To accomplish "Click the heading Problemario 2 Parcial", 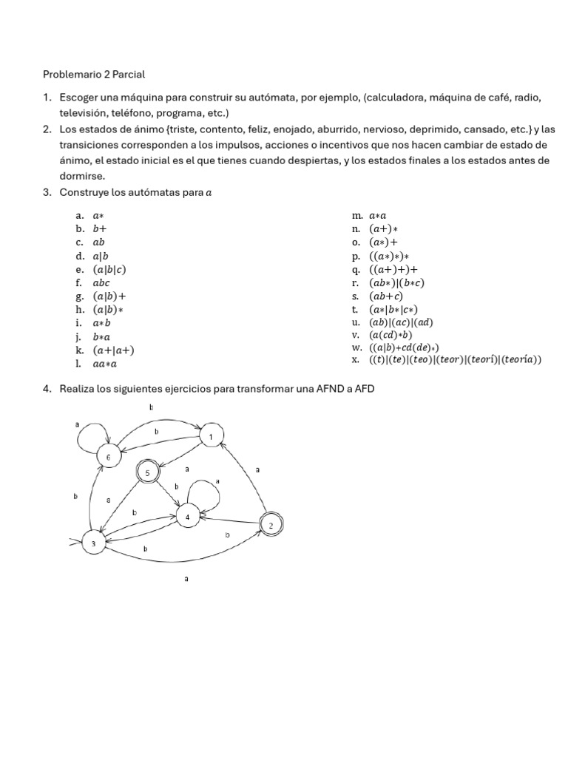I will [x=94, y=74].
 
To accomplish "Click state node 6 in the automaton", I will [x=108, y=458].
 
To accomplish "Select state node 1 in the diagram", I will [x=211, y=438].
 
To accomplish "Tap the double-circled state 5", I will [x=147, y=473].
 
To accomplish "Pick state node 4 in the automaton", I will [x=188, y=517].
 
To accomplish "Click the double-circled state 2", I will [x=271, y=526].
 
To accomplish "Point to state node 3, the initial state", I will [x=93, y=544].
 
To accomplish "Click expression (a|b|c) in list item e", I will [x=109, y=269].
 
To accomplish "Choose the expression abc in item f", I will [x=101, y=282].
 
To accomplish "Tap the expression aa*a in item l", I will [x=105, y=364].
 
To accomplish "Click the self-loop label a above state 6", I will [x=77, y=425].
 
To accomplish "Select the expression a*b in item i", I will [x=101, y=323].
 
